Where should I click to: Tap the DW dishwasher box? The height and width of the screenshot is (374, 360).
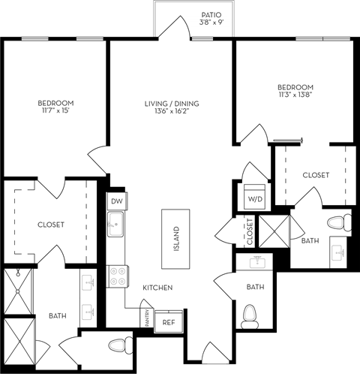coord(115,201)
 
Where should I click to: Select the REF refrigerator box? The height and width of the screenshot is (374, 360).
coord(168,322)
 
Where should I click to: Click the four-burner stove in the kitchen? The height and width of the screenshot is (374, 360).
coord(116,276)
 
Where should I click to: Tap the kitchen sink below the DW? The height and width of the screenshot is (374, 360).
coord(115,224)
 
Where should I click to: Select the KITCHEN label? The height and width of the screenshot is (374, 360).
coord(159,288)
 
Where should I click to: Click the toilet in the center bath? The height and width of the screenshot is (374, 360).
coord(249,315)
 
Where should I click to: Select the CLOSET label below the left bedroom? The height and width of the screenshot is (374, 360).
coord(51,225)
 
